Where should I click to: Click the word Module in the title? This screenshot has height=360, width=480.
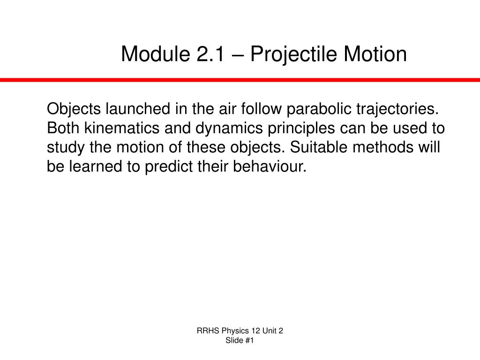coord(155,54)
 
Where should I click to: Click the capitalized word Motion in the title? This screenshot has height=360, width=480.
coord(375,54)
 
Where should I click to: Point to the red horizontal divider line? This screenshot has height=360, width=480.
coord(240,80)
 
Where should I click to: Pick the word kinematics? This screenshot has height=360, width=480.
coord(122,128)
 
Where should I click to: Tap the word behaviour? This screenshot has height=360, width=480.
coord(270,166)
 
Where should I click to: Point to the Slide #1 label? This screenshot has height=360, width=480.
coord(240,340)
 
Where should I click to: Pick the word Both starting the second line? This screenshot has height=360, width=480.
coord(63,128)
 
